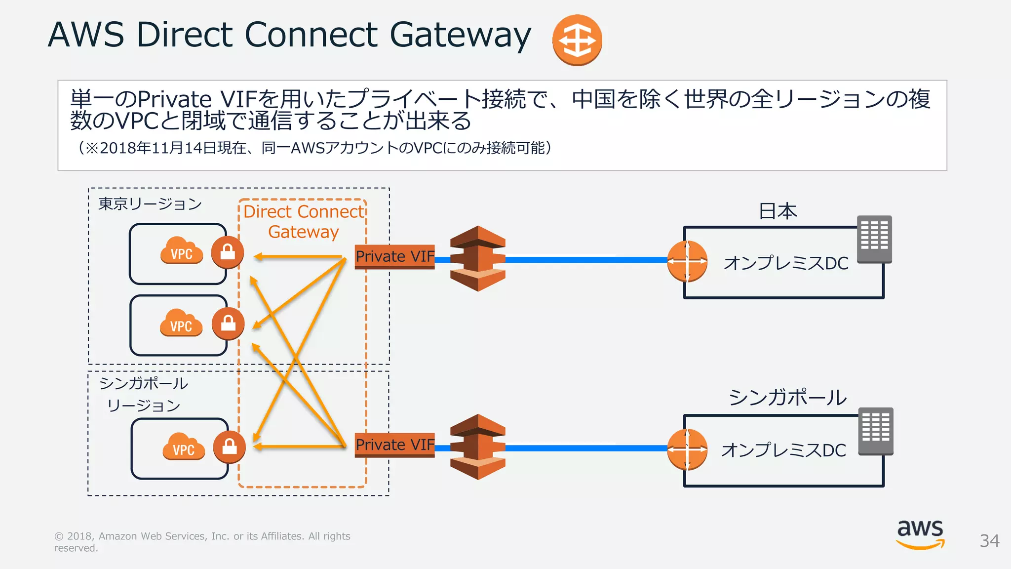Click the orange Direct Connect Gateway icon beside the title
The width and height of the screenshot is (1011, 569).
coord(577,40)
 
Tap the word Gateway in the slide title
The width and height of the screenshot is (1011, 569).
coord(460,36)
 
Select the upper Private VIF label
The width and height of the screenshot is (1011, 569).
coord(395,256)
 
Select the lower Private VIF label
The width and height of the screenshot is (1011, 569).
coord(395,445)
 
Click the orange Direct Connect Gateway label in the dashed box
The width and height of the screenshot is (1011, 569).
coord(304,221)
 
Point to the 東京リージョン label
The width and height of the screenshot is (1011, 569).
coord(150,203)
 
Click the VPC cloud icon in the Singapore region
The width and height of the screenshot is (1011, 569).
coord(183,446)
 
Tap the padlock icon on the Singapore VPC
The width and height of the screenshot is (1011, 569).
coord(229,447)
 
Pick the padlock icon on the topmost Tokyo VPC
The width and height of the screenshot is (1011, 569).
coord(228,252)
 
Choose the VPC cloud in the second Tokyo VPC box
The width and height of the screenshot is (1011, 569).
coord(181,323)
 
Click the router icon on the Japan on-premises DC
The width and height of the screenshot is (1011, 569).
coord(687,261)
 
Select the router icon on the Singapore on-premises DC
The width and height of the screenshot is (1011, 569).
coord(687,449)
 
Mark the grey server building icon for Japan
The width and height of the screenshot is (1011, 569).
coord(874,239)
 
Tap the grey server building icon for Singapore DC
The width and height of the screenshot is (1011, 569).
coord(876,431)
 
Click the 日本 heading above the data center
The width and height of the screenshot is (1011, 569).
coord(778,211)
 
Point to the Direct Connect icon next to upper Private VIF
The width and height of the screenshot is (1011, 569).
coord(478,258)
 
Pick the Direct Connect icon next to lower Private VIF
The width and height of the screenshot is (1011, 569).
coord(478,447)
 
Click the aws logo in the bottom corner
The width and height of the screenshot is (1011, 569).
coord(920,534)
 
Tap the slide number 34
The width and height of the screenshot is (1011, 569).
coord(989,541)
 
